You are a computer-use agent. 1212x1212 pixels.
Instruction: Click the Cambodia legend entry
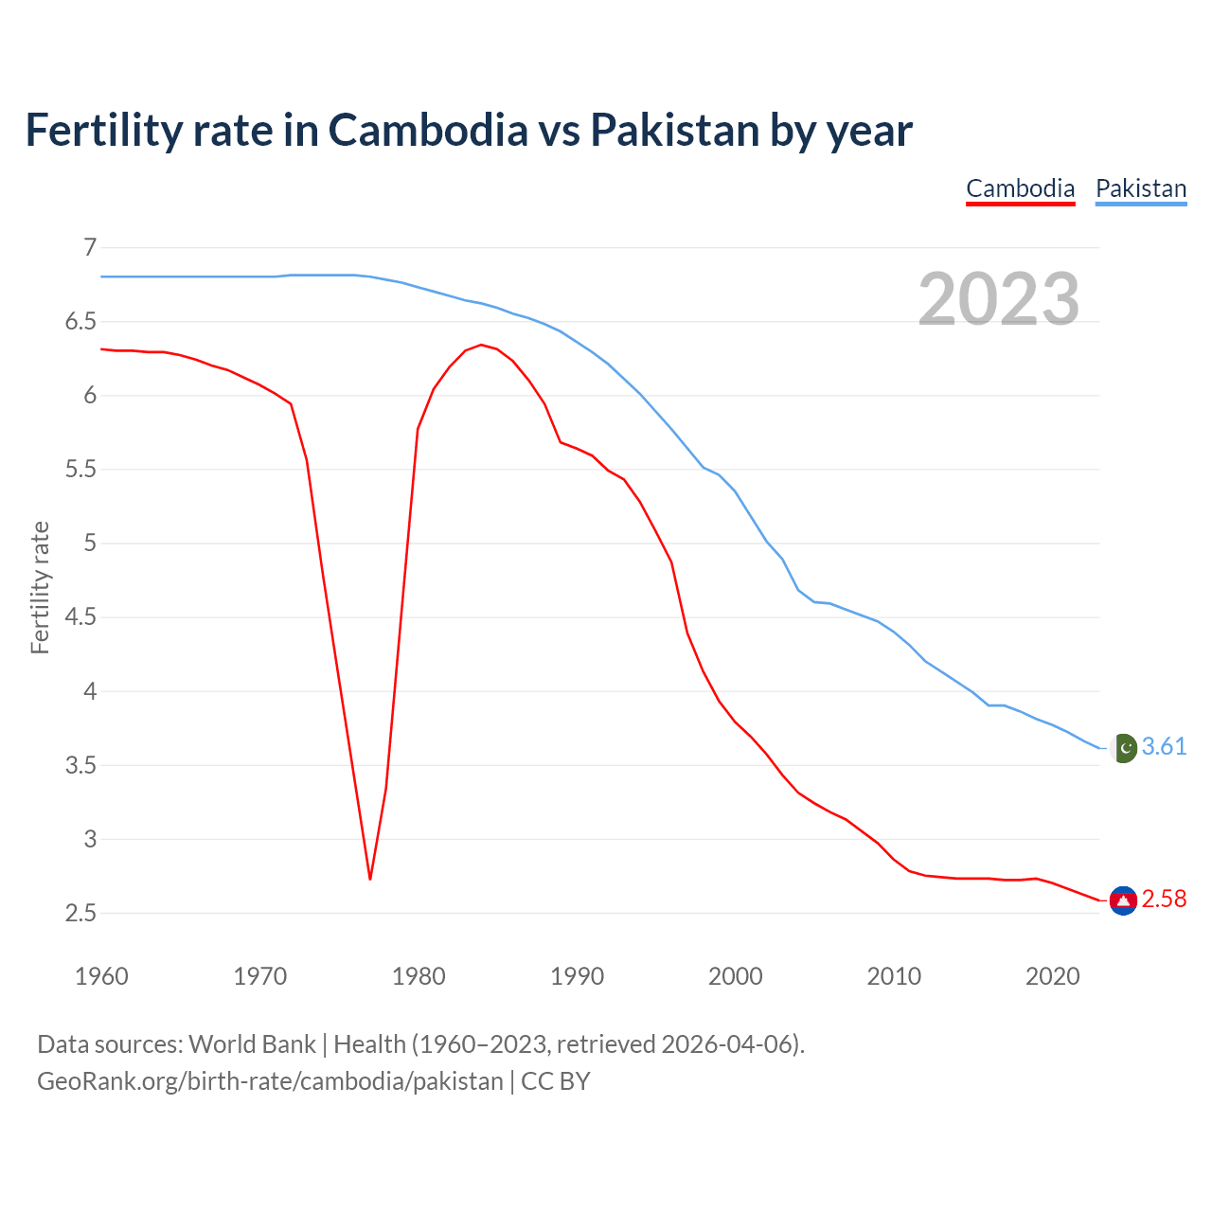(1020, 188)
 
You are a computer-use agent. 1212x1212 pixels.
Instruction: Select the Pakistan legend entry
(1140, 188)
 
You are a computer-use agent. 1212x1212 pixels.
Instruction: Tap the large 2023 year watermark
(999, 299)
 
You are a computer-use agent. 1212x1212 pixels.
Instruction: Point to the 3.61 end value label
(1164, 747)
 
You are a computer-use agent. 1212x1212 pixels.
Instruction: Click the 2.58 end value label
(1164, 899)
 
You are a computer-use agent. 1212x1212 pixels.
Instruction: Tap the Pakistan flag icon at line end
(1123, 748)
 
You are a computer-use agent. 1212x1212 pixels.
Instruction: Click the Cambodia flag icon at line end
(1123, 900)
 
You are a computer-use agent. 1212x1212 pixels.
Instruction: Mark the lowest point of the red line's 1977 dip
(370, 879)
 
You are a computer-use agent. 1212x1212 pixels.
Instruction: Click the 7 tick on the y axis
(90, 248)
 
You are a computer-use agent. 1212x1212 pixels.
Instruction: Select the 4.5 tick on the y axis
(80, 617)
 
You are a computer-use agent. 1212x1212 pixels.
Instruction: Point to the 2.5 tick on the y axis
(80, 914)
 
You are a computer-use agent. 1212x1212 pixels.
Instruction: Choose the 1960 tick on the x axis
(101, 976)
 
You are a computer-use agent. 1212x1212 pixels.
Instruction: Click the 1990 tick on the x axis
(577, 976)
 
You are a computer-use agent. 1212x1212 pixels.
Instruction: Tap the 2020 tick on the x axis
(1052, 976)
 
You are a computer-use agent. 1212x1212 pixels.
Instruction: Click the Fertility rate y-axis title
(40, 587)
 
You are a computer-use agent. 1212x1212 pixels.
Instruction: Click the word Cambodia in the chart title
(428, 131)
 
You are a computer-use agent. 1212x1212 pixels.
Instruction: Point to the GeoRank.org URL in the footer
(270, 1081)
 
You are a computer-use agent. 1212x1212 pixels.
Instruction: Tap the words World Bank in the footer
(252, 1044)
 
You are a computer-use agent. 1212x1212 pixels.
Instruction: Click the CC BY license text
(556, 1081)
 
